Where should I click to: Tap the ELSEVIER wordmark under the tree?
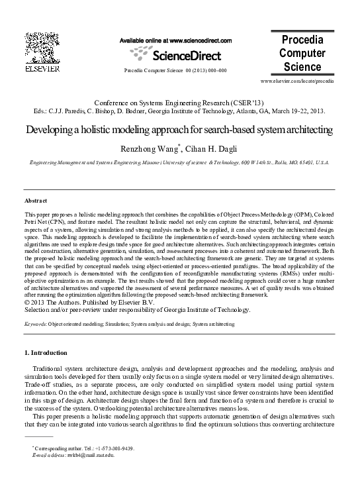point(42,68)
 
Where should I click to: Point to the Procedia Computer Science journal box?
point(302,53)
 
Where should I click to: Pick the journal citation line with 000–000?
point(175,70)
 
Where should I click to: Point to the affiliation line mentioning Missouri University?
point(179,162)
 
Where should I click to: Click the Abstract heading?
point(36,199)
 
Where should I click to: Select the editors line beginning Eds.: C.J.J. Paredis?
point(179,112)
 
